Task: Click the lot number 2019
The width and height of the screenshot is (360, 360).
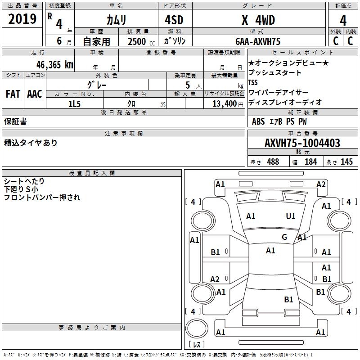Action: [22, 19]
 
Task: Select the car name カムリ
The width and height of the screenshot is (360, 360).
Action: [116, 20]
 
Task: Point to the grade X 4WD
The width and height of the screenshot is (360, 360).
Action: [258, 20]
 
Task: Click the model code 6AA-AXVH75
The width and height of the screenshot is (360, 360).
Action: [258, 41]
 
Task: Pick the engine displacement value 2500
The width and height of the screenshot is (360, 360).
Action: [137, 41]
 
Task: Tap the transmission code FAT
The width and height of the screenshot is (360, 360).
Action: [13, 94]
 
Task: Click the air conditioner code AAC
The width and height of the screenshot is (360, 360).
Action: [35, 94]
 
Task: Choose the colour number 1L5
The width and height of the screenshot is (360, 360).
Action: [74, 103]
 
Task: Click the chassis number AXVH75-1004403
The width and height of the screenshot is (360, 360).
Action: [302, 143]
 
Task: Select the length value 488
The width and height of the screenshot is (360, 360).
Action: [273, 162]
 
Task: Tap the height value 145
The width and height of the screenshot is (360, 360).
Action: [346, 162]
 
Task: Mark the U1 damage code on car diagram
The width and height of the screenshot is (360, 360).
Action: [291, 216]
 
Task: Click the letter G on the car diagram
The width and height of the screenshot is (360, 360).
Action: [284, 237]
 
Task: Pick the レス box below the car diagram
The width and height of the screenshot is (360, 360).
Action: [197, 344]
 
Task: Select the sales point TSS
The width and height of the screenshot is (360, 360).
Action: [253, 83]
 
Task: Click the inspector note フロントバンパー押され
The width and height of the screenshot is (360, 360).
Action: [42, 197]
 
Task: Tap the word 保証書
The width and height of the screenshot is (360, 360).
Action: [15, 121]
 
